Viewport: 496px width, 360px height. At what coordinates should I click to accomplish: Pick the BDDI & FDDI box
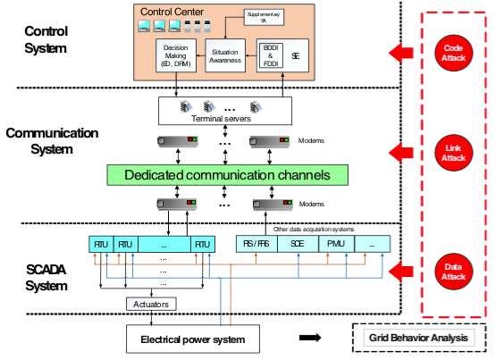(270, 54)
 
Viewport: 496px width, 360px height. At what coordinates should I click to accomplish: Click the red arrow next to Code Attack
(403, 54)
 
